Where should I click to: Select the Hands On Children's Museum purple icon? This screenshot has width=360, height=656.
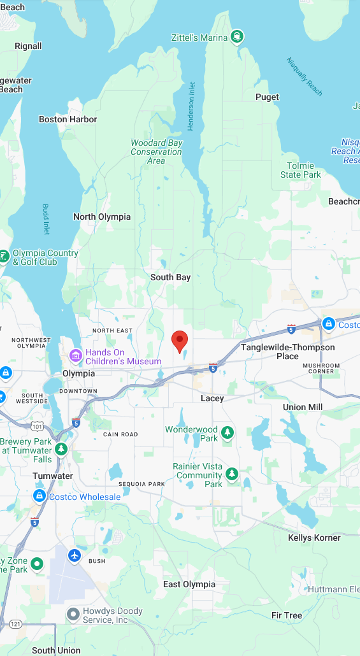pos(76,355)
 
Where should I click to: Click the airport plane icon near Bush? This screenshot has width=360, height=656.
pos(75,555)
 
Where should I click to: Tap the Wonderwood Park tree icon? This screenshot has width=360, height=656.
pos(227,434)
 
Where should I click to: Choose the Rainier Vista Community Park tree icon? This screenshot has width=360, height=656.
pos(232,474)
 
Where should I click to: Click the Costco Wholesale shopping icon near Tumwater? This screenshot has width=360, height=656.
pos(40,496)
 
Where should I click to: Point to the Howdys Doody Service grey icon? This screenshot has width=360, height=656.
pos(73,615)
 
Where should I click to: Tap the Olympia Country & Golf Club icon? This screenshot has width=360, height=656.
pos(4,257)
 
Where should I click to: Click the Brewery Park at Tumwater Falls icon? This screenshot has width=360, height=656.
pos(61,448)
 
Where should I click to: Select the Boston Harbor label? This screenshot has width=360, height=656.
pos(68,119)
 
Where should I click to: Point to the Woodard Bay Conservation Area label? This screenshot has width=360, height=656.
pos(156,152)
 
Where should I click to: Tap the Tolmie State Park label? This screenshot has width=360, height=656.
pos(301,170)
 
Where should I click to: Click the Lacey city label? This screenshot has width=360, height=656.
pos(212,398)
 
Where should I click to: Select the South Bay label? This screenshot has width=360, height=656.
pos(170,277)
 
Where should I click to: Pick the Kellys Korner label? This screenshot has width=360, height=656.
pos(314,538)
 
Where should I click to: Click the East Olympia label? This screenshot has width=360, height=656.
pos(189,584)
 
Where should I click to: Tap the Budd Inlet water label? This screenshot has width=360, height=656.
pos(46,219)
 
